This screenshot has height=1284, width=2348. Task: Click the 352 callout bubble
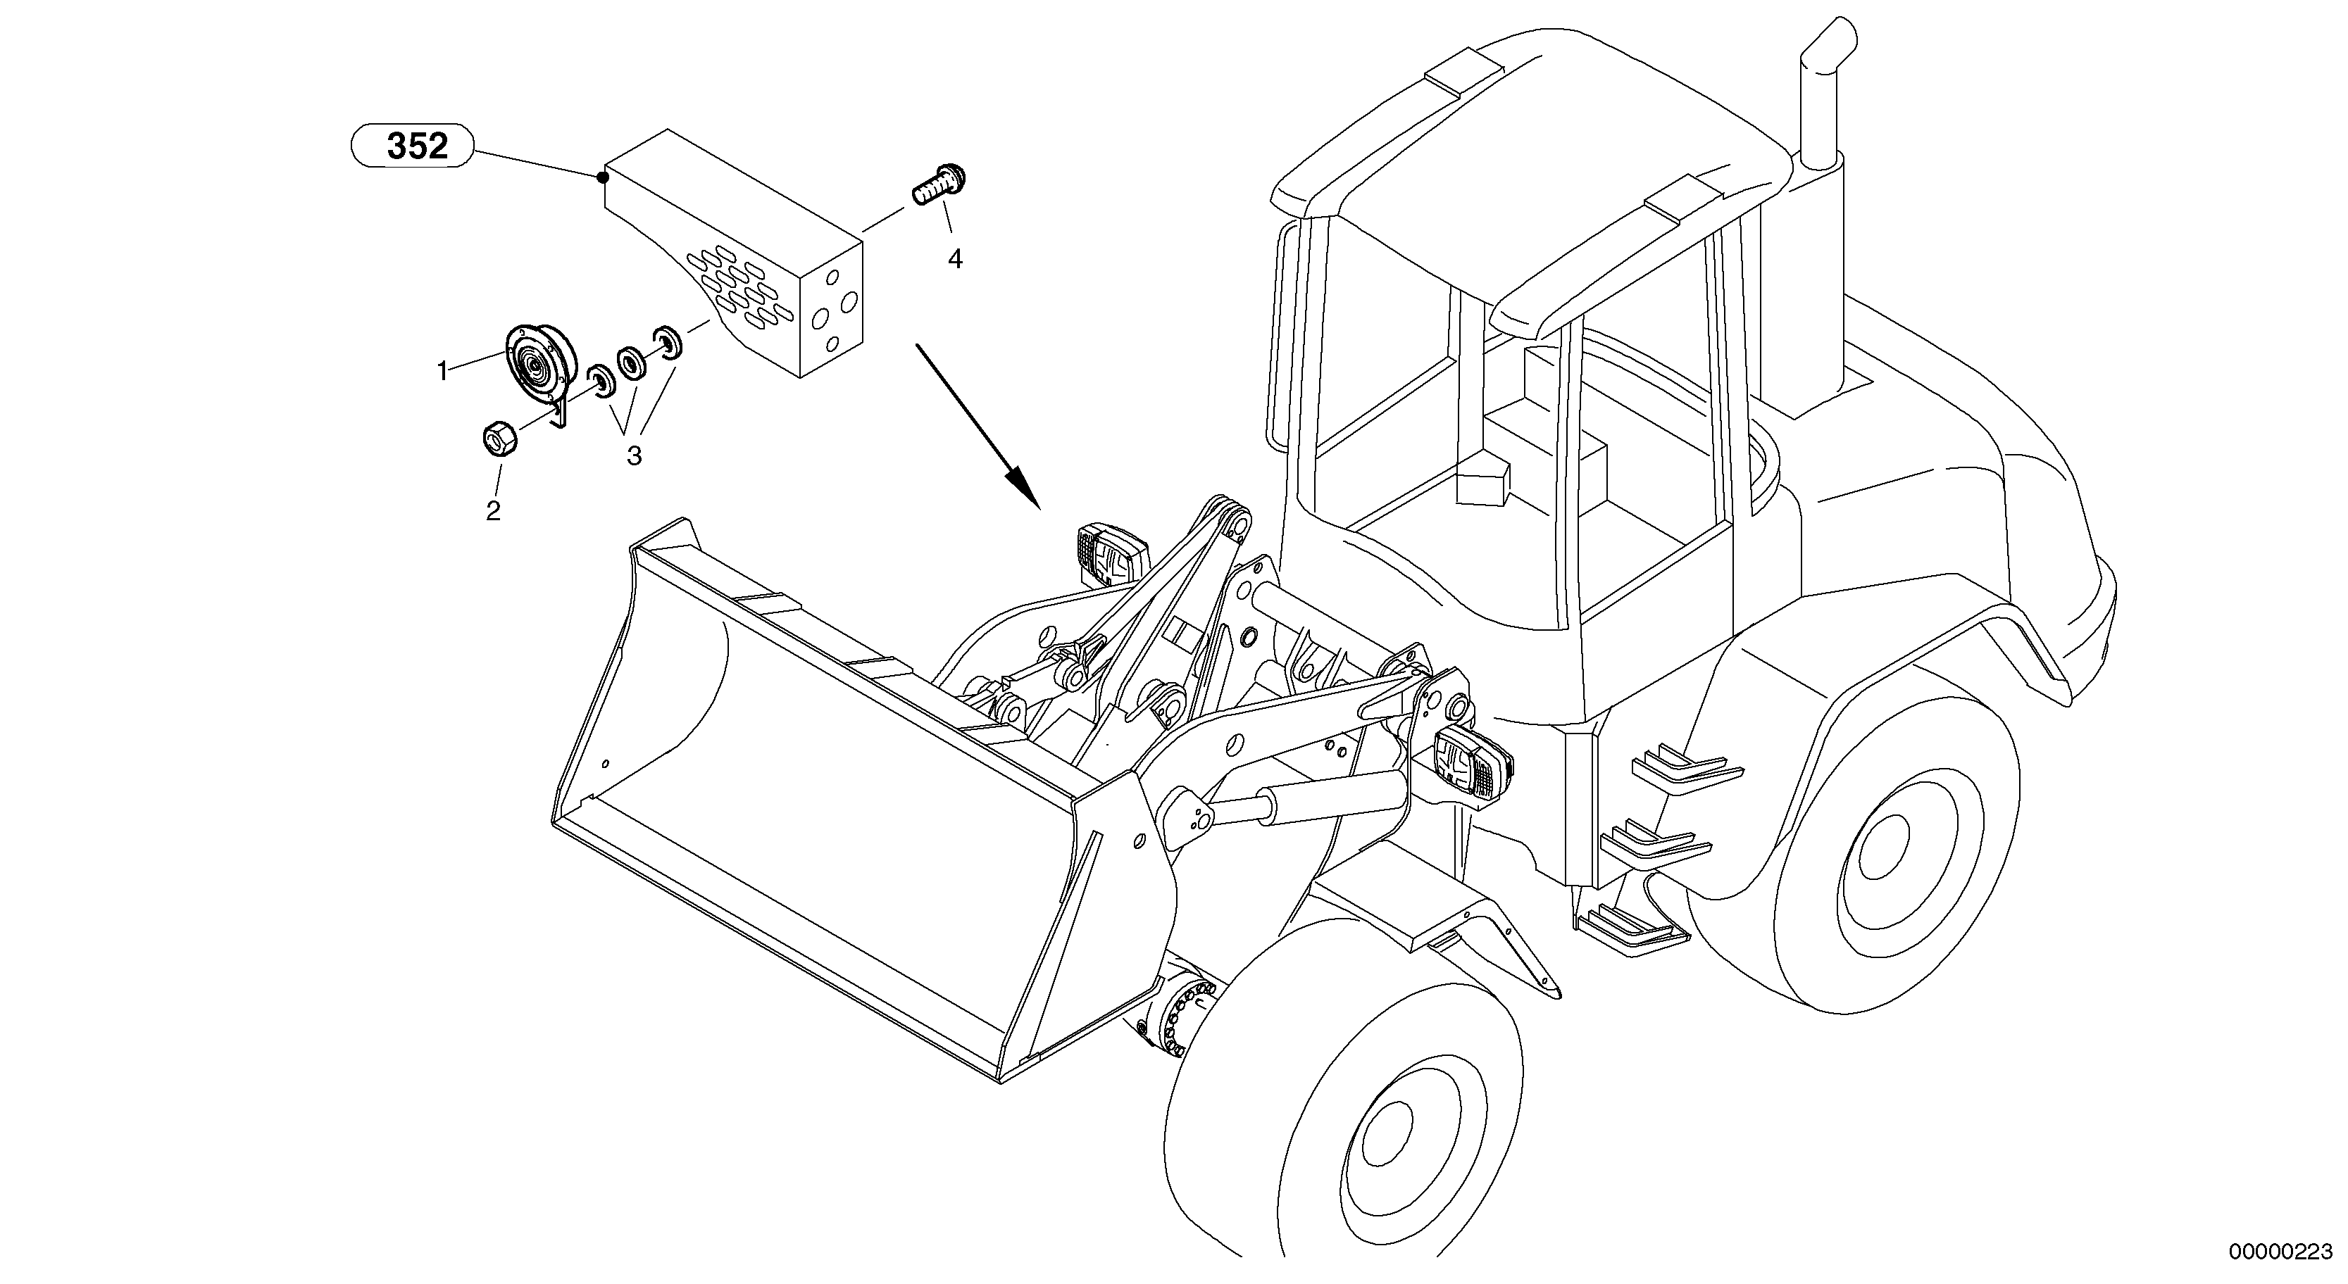click(413, 146)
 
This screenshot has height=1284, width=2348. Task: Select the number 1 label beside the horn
click(442, 371)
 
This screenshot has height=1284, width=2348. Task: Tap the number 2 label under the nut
click(493, 510)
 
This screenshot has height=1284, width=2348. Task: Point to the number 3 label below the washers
click(634, 455)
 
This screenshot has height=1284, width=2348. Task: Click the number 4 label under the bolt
click(954, 260)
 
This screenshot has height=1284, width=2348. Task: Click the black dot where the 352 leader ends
click(603, 177)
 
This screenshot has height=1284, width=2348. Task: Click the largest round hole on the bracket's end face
click(846, 300)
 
